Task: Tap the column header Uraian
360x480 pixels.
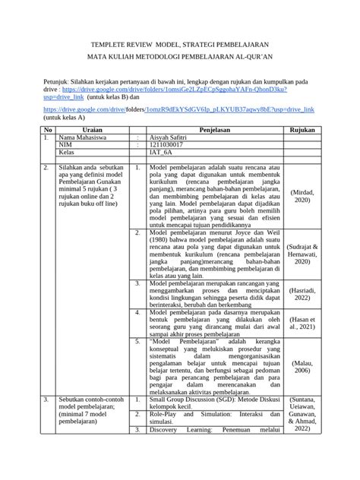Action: pyautogui.click(x=91, y=131)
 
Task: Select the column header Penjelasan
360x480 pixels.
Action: pyautogui.click(x=208, y=131)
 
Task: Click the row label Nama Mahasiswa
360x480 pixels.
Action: pyautogui.click(x=84, y=138)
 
